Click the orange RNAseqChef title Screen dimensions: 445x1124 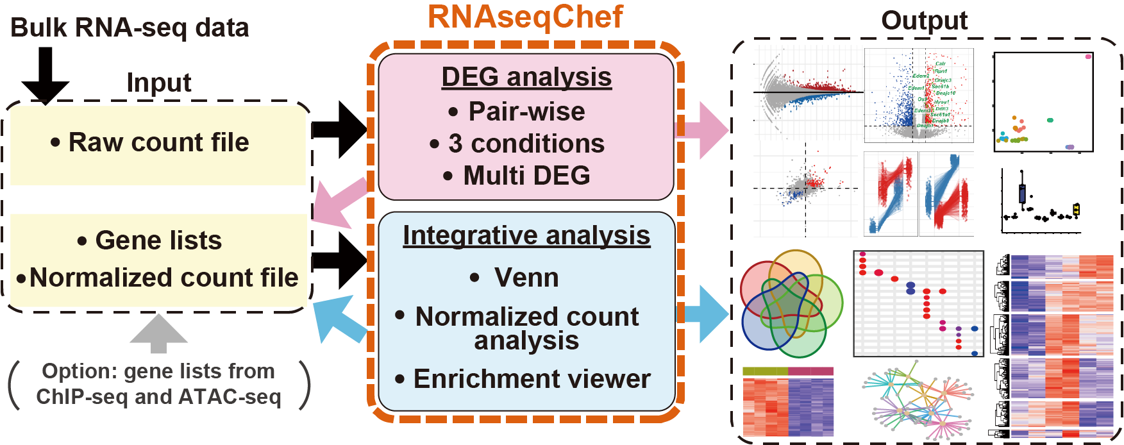524,17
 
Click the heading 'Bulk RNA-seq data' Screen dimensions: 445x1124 130,28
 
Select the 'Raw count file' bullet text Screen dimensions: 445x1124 158,142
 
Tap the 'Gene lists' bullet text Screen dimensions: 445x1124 158,240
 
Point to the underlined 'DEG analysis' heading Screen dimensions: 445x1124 526,77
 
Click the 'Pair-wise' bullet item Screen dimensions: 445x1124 526,112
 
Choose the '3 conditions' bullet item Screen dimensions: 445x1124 526,144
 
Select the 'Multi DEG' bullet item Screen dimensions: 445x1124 526,176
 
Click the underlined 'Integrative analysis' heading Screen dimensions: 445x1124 526,235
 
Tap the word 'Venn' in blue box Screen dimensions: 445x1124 526,278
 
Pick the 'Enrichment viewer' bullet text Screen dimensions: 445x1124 531,379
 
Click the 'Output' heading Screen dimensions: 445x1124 923,21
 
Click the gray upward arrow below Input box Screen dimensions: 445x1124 158,333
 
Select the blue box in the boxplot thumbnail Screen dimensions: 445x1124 1022,193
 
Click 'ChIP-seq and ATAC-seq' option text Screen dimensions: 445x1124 158,397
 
